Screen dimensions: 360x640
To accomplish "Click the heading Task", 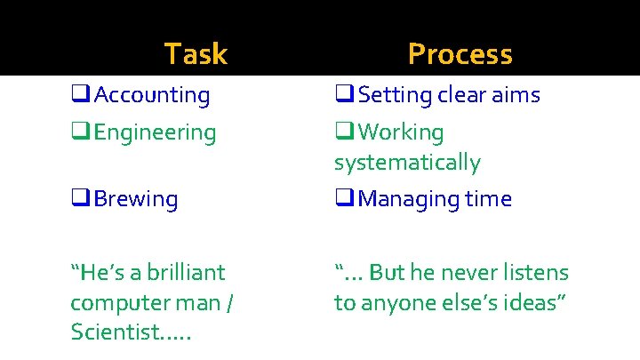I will point(196,54).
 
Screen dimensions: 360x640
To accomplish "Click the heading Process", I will point(460,54).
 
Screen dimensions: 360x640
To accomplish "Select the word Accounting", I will point(152,95).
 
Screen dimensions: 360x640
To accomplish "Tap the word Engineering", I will point(155,132).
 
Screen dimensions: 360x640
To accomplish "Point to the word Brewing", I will point(136,199).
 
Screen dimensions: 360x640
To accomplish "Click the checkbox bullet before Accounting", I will point(80,94).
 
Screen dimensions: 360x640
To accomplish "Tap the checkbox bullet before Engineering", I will point(80,132).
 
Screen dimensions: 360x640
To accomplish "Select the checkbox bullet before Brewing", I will point(80,198).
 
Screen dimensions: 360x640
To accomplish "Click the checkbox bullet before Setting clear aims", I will point(344,94).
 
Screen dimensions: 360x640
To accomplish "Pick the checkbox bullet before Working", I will point(344,132).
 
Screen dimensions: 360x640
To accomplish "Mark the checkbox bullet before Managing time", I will point(344,198).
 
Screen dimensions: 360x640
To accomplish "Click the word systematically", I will point(407,163).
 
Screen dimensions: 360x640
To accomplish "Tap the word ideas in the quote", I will point(534,302).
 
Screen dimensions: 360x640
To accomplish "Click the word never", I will point(464,272).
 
